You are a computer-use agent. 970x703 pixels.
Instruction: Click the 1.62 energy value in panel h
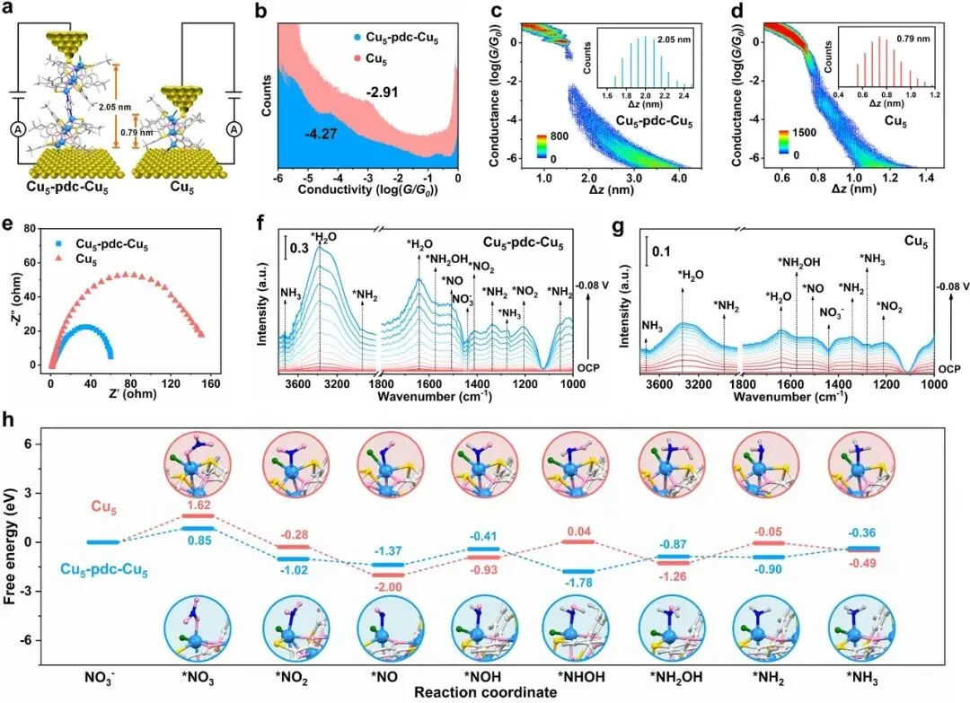click(198, 505)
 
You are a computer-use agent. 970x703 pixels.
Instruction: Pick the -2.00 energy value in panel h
click(387, 587)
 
